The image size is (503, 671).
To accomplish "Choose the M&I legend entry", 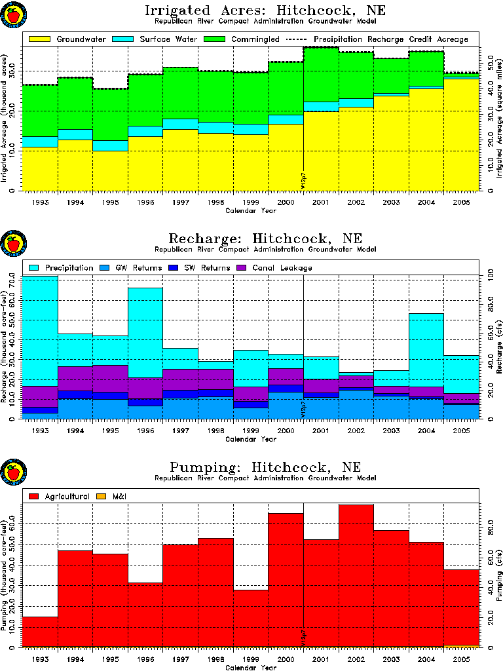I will coord(119,497).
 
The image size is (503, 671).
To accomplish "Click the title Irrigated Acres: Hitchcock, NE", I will coord(265,11).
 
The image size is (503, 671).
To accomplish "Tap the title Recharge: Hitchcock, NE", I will coord(265,238).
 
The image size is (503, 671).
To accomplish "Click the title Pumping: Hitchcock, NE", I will coord(265,467).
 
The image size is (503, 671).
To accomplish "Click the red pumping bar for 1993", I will coord(40,632).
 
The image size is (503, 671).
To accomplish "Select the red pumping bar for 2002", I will coord(356,577).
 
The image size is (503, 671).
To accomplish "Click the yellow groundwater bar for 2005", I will coord(461,134).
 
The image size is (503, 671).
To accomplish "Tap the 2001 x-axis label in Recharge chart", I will coord(320,431).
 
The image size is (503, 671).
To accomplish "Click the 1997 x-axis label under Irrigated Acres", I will coord(180,203).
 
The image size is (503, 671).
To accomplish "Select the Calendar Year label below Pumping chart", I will coord(251,668).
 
